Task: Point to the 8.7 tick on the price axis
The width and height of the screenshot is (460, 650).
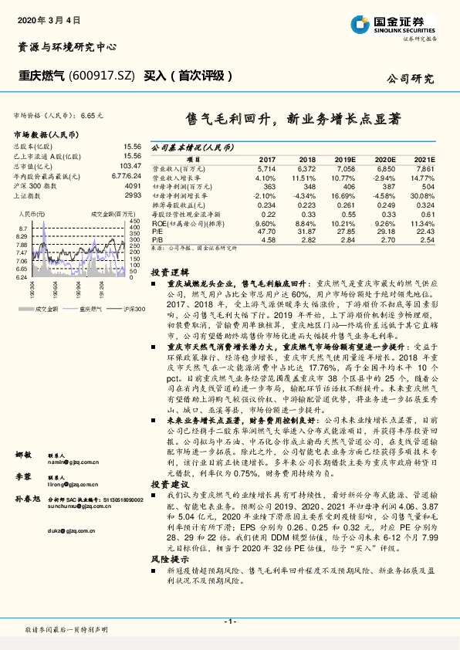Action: coord(23,229)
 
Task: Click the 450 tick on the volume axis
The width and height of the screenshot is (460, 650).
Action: coord(135,222)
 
